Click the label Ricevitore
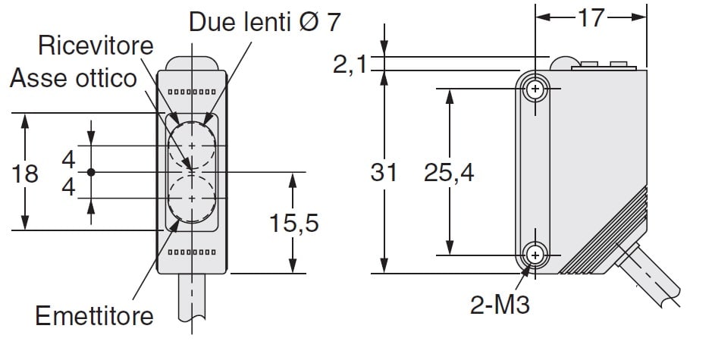click(96, 45)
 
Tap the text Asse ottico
click(74, 78)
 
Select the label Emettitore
click(95, 316)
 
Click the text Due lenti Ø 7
click(265, 22)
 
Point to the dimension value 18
click(24, 174)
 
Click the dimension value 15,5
click(293, 223)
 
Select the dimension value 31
click(384, 173)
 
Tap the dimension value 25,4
click(449, 173)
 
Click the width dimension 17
click(591, 18)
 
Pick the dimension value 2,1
click(350, 64)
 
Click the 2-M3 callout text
click(500, 305)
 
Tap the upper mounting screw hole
click(535, 89)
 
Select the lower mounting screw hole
click(535, 255)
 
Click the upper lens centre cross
click(192, 146)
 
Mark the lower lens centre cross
click(192, 199)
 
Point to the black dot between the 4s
click(91, 172)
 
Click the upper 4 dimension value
click(68, 160)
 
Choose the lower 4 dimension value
click(68, 186)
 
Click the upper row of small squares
click(192, 92)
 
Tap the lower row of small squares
click(192, 252)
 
